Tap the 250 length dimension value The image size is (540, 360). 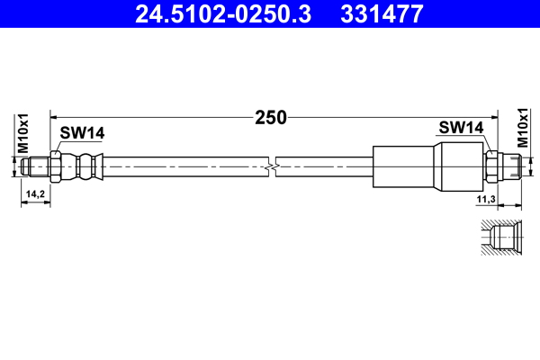[270, 116]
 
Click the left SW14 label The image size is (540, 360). [82, 133]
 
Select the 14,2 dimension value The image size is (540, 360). [36, 194]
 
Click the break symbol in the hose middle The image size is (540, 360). [273, 166]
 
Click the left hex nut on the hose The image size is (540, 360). [56, 166]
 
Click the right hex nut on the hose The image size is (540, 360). [492, 166]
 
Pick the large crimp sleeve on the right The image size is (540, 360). [405, 166]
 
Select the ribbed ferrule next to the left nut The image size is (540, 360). [85, 166]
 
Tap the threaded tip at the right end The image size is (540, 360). [512, 166]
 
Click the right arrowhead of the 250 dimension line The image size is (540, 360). [491, 116]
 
